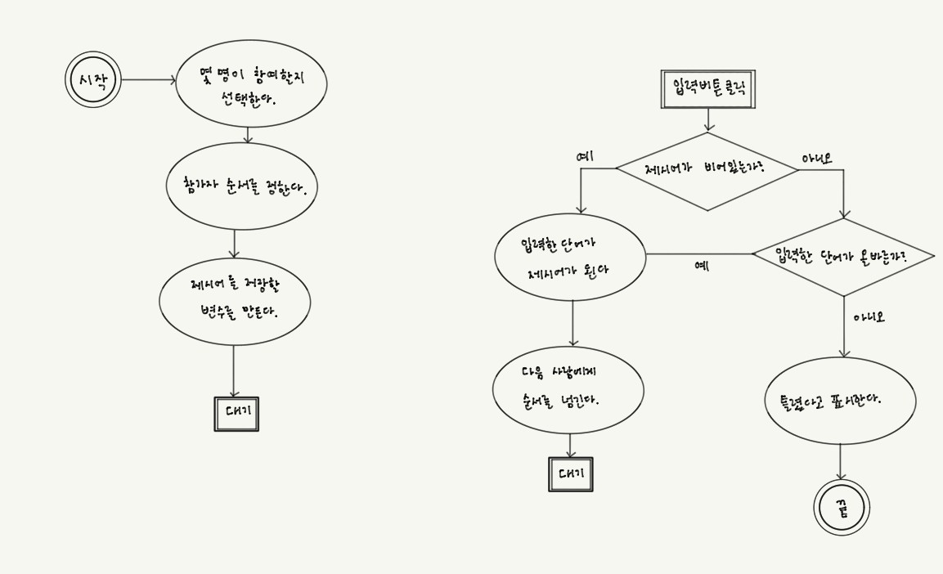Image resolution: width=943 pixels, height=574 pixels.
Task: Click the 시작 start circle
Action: pos(92,80)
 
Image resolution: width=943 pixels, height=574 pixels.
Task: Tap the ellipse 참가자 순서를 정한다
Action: pos(241,187)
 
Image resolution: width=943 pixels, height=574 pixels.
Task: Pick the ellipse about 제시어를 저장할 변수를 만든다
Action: pos(235,301)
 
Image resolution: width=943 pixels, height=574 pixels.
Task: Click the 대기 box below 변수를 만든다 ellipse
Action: pos(236,414)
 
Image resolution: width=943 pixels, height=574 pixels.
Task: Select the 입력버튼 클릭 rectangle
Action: pos(707,89)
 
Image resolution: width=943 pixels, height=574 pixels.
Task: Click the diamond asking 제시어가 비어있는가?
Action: pos(707,171)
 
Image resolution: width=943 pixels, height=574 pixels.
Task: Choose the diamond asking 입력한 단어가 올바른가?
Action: pos(843,257)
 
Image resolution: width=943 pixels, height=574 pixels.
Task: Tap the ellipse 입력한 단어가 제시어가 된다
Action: pos(570,258)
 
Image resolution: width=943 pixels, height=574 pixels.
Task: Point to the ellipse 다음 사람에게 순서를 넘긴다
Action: pos(568,389)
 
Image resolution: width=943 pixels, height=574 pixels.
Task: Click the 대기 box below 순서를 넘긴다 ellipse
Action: pos(570,474)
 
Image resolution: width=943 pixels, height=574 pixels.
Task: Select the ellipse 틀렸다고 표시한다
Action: pos(840,401)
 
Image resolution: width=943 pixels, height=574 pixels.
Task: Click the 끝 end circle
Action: pos(842,508)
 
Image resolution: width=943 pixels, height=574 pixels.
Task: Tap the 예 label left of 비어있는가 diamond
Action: pos(586,155)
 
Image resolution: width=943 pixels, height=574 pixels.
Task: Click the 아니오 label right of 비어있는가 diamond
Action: pos(816,158)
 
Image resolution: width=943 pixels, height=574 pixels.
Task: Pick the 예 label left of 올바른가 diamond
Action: pos(701,266)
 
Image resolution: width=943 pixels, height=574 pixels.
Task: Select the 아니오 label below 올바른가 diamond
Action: pos(869,317)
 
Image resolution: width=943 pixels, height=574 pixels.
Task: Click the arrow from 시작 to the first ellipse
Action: pos(148,80)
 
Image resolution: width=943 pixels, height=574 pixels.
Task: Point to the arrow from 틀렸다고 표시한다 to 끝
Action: pos(840,462)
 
